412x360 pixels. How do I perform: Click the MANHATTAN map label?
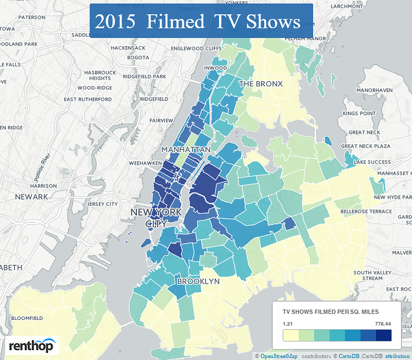pos(186,149)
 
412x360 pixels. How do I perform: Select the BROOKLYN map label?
pos(198,281)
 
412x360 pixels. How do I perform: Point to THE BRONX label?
pos(260,84)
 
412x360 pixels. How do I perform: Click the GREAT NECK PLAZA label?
pos(365,147)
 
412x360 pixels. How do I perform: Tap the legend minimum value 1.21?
pos(288,324)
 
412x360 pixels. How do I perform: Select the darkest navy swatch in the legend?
pos(384,335)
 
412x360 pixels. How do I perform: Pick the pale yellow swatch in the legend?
pos(290,335)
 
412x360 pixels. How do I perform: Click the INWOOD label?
pos(216,68)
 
